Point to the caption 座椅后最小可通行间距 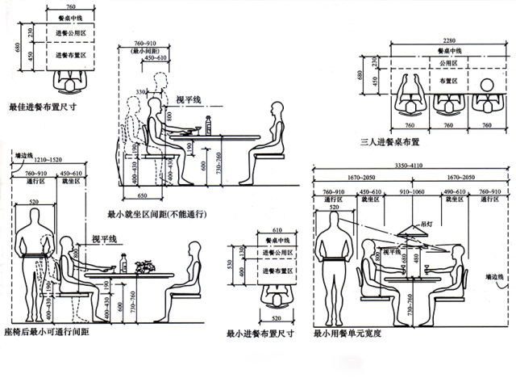pyautogui.click(x=46, y=332)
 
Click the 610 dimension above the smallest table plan pyautogui.click(x=277, y=230)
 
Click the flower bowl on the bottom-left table pyautogui.click(x=144, y=264)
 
